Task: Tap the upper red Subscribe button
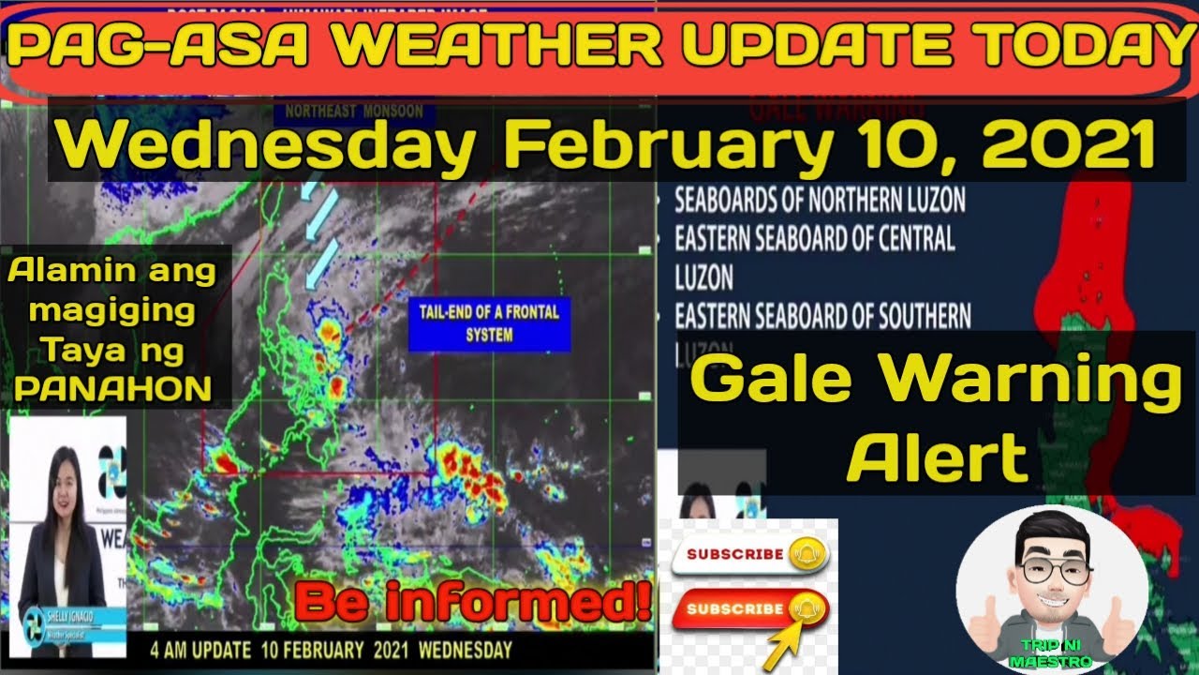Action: (x=749, y=554)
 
